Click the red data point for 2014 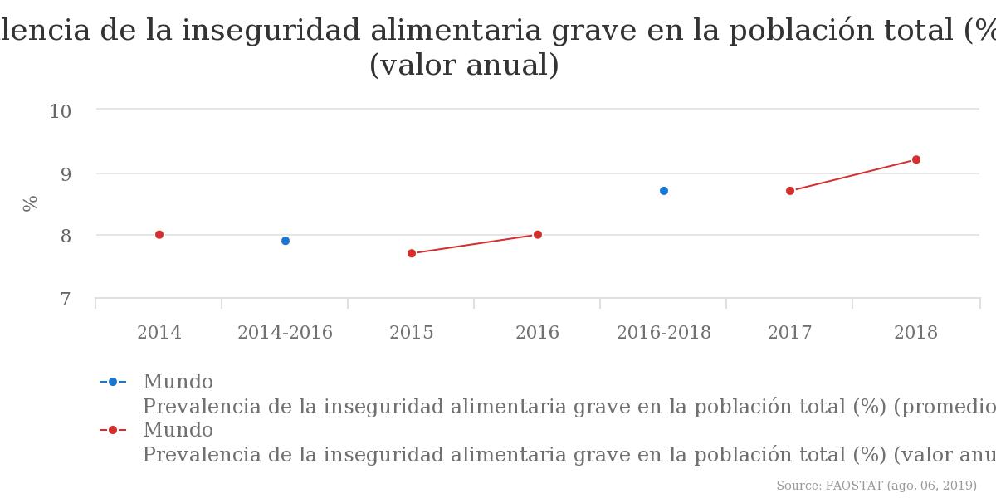159,235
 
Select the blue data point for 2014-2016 286,241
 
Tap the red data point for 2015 412,253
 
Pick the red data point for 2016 538,235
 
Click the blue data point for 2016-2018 664,191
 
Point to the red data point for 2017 790,191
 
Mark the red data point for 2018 916,159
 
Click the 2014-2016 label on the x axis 286,333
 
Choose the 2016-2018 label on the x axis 664,333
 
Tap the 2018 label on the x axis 916,333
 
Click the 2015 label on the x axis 412,333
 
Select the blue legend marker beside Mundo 113,382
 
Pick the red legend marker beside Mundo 113,430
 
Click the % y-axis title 31,203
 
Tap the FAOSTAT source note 876,486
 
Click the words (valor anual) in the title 464,66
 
